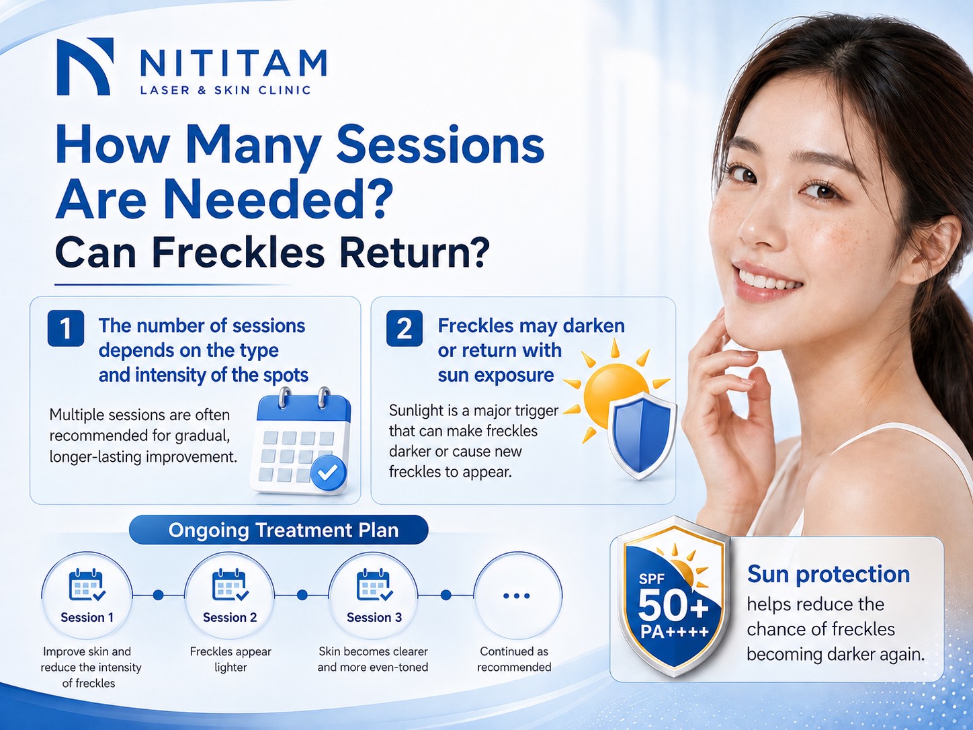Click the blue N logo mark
pos(85,67)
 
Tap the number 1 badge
pos(66,329)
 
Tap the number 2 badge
pos(405,329)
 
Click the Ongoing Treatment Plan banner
pos(279,530)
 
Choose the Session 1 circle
pos(87,596)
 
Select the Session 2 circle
pos(230,596)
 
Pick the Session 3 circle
pos(374,596)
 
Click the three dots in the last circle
pos(517,596)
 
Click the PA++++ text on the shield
pos(674,632)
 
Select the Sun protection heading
pos(829,575)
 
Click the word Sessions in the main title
pos(440,146)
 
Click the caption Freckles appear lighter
pos(230,659)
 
